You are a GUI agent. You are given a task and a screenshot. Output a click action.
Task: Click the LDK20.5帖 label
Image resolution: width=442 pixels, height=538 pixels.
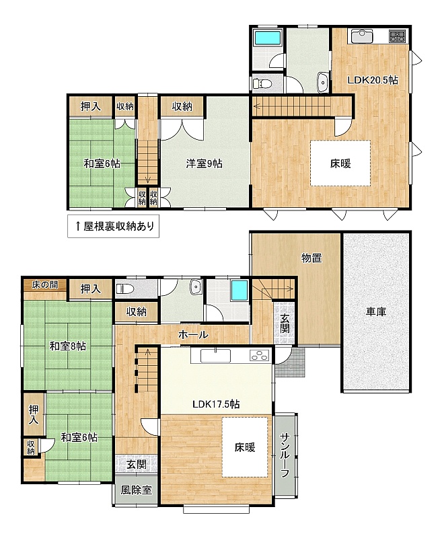(x=373, y=80)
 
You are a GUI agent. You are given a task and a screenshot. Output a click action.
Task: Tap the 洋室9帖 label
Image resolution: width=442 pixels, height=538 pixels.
(x=205, y=163)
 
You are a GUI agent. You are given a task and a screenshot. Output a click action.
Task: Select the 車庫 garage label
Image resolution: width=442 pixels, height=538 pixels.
(x=376, y=312)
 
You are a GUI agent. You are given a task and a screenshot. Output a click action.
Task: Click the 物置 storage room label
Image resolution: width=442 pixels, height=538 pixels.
(x=311, y=258)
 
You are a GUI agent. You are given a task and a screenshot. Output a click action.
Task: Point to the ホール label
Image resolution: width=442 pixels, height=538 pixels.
(x=193, y=334)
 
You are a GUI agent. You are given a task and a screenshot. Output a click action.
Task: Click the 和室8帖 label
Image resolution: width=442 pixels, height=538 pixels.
(x=68, y=346)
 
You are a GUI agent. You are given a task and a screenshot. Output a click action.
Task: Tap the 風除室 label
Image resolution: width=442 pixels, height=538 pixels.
(x=137, y=490)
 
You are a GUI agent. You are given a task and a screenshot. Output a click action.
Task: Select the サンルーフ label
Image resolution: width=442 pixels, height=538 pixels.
(x=285, y=455)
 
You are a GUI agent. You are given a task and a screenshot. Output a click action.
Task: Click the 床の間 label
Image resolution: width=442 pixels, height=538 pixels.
(x=45, y=284)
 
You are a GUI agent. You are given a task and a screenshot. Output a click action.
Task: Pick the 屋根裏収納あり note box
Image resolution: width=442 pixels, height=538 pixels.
(x=113, y=226)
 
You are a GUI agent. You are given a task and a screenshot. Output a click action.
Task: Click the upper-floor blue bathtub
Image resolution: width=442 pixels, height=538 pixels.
(x=268, y=37)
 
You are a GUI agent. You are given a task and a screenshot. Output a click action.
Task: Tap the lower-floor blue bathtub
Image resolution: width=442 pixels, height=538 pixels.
(x=240, y=291)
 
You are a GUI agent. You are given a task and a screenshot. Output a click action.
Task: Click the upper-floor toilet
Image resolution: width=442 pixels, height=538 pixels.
(x=262, y=83)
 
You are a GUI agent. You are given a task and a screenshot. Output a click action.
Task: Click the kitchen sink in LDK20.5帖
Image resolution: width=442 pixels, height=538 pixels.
(x=361, y=36)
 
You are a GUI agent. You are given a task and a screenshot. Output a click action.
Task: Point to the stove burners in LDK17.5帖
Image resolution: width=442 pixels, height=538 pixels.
(x=259, y=356)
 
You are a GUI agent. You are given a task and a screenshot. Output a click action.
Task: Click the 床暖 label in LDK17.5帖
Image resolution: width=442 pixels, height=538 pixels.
(x=245, y=447)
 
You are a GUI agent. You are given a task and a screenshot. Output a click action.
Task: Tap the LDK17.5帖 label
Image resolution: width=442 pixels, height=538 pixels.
(x=216, y=404)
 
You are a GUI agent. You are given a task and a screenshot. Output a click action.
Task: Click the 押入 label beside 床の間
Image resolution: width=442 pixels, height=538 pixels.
(x=91, y=289)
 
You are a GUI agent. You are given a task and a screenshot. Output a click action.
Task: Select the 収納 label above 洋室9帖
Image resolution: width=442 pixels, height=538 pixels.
(x=182, y=107)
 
